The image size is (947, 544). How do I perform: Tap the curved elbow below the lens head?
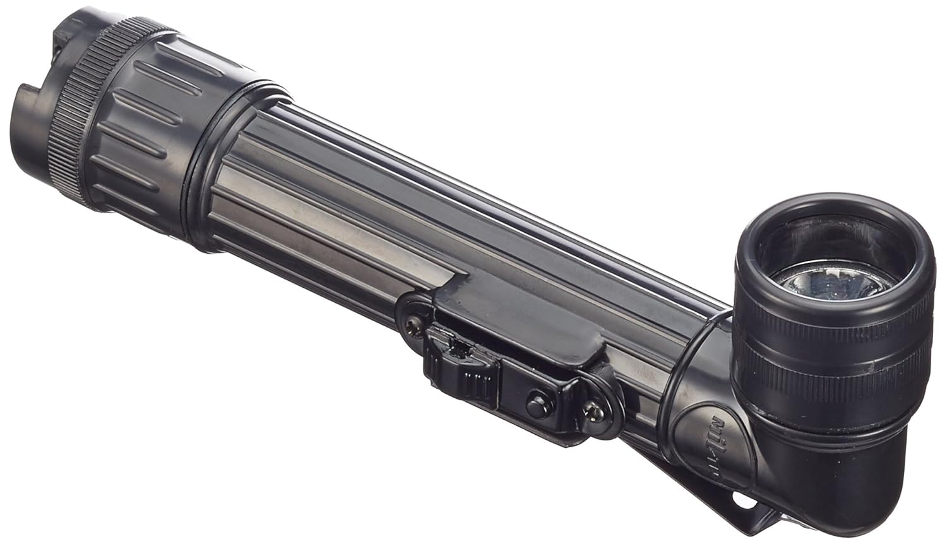tap(821, 480)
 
